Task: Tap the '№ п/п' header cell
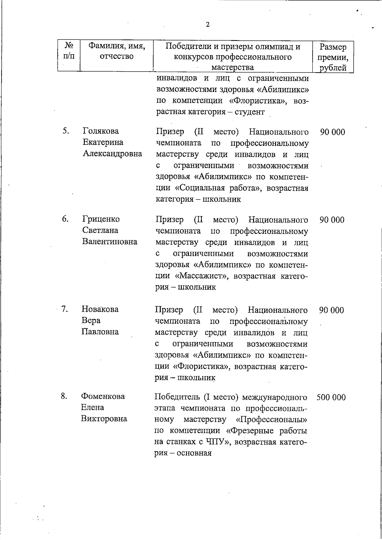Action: click(69, 51)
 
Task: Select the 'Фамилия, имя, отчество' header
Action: click(117, 51)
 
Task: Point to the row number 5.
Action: click(65, 131)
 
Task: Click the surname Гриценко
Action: click(101, 219)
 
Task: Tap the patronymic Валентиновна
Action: click(110, 242)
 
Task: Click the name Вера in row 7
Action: click(91, 320)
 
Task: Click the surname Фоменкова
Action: click(103, 396)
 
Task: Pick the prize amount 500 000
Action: click(331, 397)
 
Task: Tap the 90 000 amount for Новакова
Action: click(331, 310)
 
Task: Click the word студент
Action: click(250, 112)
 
